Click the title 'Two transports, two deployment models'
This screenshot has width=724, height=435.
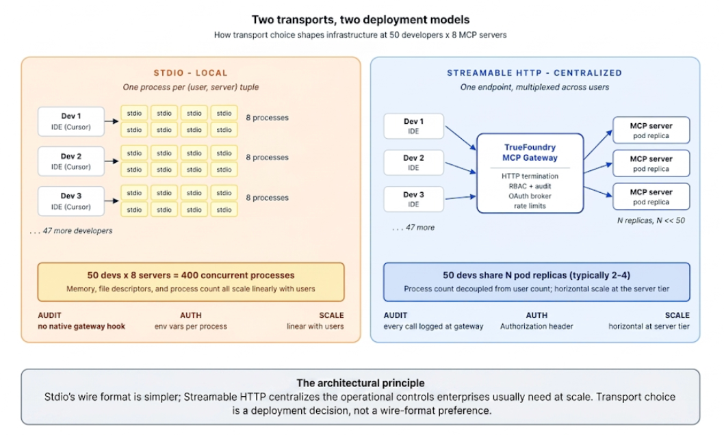[360, 20]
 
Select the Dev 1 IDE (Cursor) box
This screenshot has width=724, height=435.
[71, 122]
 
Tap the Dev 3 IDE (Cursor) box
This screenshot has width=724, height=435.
[71, 201]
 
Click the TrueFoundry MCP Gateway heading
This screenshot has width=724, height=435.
[530, 153]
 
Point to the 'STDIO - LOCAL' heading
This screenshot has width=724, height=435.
[191, 73]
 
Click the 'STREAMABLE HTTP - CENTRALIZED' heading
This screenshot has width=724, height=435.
[534, 73]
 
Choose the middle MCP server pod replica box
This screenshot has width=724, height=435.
[651, 163]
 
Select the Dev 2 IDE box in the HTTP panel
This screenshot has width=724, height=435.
[413, 162]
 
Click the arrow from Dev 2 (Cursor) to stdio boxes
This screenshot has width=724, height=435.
[112, 161]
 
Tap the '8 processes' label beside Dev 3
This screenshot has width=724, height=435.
[267, 198]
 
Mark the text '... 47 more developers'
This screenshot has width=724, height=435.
[71, 230]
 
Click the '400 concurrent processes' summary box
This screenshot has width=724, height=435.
[191, 282]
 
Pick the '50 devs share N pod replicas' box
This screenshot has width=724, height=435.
[536, 282]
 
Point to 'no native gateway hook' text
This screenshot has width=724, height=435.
[81, 326]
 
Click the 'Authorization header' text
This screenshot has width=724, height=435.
[536, 326]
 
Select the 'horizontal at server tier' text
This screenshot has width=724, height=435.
[649, 326]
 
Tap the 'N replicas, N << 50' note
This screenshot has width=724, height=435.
[651, 220]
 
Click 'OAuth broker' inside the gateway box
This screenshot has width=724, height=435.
[530, 196]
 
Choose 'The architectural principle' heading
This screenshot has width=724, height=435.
[360, 383]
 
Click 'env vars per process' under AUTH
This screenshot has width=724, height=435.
[191, 326]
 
